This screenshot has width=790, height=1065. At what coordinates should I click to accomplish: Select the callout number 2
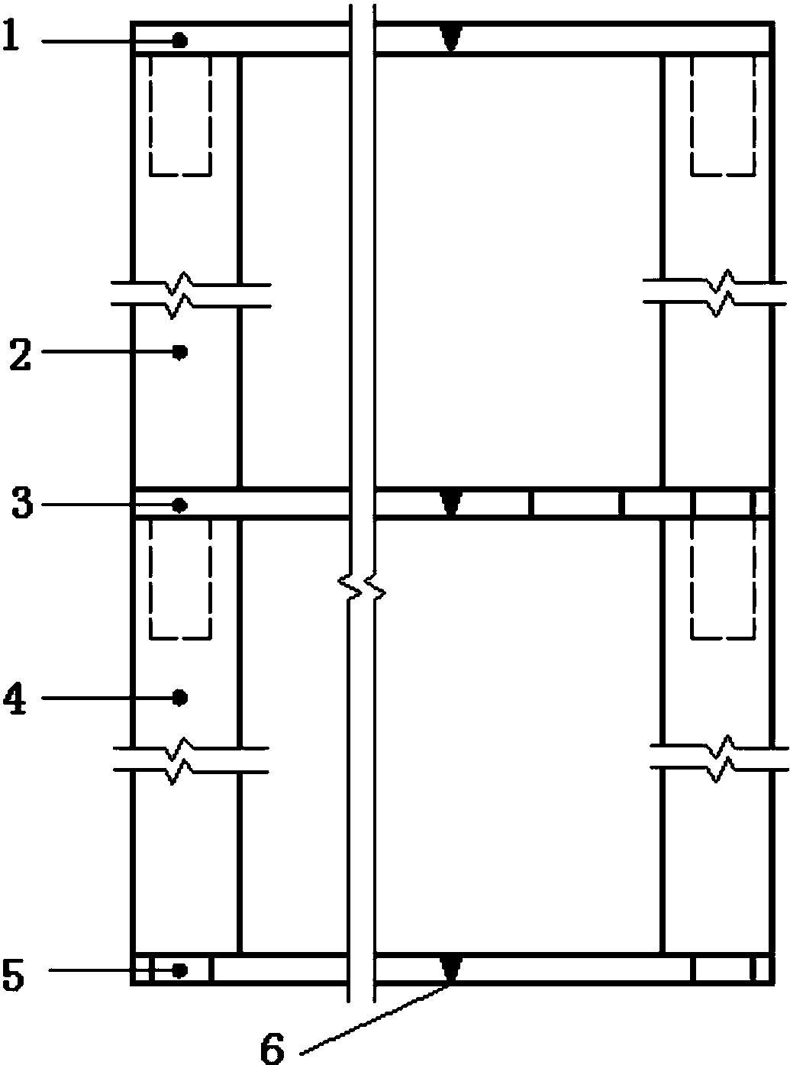click(20, 356)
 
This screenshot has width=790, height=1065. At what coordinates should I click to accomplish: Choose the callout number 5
click(15, 975)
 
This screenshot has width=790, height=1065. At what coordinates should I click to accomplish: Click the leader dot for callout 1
click(180, 40)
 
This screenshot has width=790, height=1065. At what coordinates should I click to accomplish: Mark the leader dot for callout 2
click(180, 352)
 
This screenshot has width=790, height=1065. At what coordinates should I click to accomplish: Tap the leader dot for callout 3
click(180, 505)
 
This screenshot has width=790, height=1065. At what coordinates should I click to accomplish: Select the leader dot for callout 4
click(180, 696)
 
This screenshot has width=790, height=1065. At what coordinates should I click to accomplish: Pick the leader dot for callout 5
click(180, 970)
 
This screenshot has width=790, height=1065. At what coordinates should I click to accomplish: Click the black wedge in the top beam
click(452, 37)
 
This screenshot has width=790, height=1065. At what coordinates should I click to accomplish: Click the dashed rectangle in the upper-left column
click(180, 115)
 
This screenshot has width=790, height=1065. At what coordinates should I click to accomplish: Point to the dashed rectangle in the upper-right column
click(722, 115)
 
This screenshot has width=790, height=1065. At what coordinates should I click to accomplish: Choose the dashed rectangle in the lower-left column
click(180, 578)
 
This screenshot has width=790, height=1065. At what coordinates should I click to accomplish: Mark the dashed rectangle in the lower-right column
click(722, 578)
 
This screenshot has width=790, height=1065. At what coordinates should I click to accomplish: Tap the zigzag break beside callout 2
click(180, 294)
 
